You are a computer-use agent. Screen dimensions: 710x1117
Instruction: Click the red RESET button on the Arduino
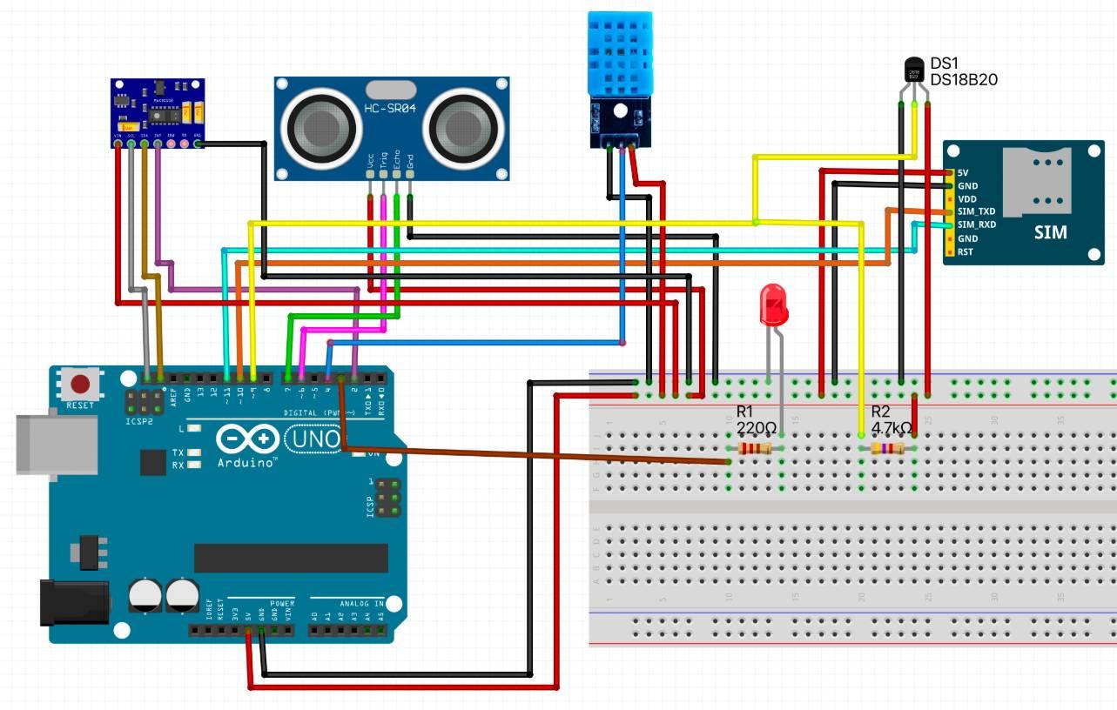click(x=82, y=384)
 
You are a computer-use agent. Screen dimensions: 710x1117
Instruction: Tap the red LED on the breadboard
click(x=773, y=305)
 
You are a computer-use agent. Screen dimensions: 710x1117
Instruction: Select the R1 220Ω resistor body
click(x=754, y=449)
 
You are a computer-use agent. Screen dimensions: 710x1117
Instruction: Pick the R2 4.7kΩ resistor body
click(x=887, y=449)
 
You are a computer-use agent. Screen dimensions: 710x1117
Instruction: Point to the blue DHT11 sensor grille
click(x=619, y=55)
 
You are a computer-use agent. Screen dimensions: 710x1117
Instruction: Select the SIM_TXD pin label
click(x=976, y=211)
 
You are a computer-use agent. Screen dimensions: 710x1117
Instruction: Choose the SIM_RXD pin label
click(x=976, y=224)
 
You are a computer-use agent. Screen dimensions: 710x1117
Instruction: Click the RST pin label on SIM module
click(x=965, y=252)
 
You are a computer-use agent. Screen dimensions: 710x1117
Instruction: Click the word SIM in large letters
click(x=1051, y=233)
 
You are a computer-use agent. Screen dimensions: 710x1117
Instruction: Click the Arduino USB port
click(x=56, y=443)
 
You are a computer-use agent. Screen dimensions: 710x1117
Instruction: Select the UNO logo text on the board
click(x=312, y=439)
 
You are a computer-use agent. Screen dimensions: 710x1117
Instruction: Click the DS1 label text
click(x=945, y=64)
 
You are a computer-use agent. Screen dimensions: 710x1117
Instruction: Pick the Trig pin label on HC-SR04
click(x=384, y=159)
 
